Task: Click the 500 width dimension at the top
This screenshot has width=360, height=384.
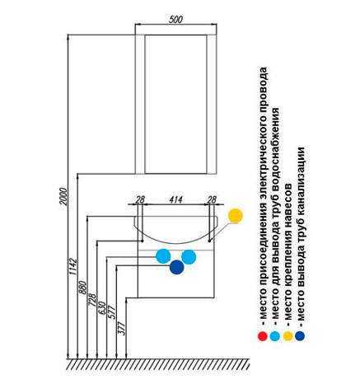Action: click(x=175, y=20)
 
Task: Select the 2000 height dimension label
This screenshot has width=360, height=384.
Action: click(x=63, y=197)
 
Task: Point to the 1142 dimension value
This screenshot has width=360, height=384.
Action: click(x=73, y=266)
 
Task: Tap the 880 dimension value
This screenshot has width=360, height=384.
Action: click(x=82, y=288)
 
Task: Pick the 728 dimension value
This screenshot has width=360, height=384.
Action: click(x=92, y=300)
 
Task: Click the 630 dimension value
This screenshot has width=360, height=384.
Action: click(x=102, y=308)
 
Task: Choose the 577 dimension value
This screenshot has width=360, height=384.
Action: click(x=112, y=311)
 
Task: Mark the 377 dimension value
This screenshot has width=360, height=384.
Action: click(x=121, y=328)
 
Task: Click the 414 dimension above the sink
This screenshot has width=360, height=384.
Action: click(x=175, y=199)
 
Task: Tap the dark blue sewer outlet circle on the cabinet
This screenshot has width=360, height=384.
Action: click(x=176, y=267)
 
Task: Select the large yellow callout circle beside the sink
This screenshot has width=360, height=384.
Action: click(x=236, y=216)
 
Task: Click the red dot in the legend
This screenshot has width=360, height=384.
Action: click(x=263, y=336)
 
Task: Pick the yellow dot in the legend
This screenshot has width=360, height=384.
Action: click(x=288, y=336)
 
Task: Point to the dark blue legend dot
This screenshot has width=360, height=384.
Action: click(x=300, y=336)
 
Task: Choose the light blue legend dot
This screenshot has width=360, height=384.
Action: click(x=275, y=336)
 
